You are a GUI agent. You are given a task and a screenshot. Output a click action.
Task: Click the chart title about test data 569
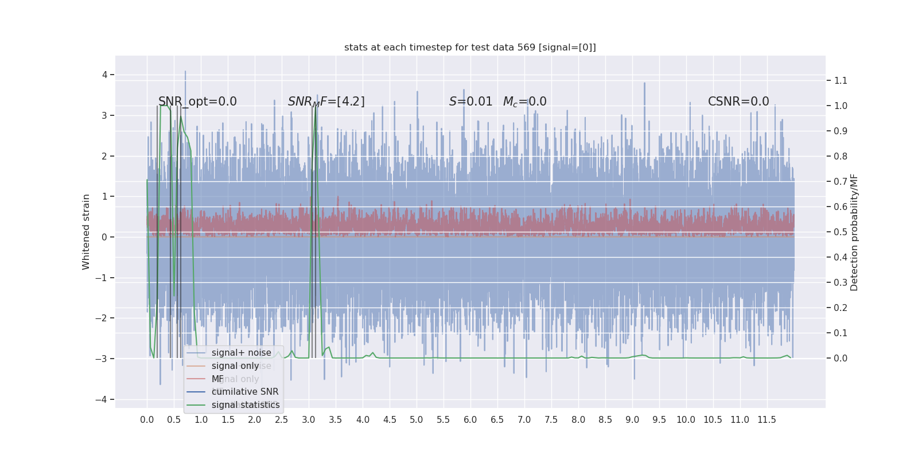tap(470, 48)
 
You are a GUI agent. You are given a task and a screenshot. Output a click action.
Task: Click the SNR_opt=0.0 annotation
tap(197, 102)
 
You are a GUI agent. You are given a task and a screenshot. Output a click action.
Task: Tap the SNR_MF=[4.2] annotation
tap(326, 102)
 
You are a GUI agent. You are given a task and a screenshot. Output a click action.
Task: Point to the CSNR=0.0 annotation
tap(738, 102)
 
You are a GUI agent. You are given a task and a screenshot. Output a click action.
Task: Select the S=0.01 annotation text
tap(470, 102)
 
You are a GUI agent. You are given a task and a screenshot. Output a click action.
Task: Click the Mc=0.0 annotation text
tap(524, 102)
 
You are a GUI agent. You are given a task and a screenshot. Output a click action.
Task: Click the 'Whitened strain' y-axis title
tap(86, 232)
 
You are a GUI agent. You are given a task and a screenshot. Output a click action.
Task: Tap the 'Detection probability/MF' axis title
tap(854, 232)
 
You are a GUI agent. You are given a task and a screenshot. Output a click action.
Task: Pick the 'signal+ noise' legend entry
tap(241, 353)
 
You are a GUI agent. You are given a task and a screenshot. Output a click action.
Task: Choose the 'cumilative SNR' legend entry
tap(245, 392)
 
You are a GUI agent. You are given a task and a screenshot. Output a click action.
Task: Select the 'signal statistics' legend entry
tap(246, 405)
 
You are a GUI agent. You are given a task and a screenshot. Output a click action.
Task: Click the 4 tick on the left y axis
tap(104, 75)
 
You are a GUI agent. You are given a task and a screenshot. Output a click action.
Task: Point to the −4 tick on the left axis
tap(102, 399)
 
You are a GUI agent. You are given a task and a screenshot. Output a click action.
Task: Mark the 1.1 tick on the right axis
tap(841, 80)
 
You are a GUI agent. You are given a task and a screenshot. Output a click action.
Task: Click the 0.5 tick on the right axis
tap(841, 232)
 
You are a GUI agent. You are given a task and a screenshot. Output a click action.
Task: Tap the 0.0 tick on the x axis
tap(147, 420)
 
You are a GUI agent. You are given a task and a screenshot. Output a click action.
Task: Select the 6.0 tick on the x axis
tap(470, 420)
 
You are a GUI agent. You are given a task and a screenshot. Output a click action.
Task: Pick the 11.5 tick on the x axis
tap(767, 420)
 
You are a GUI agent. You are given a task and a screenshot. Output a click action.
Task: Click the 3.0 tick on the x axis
tap(309, 420)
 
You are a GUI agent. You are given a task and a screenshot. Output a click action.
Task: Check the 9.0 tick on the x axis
tap(632, 420)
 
